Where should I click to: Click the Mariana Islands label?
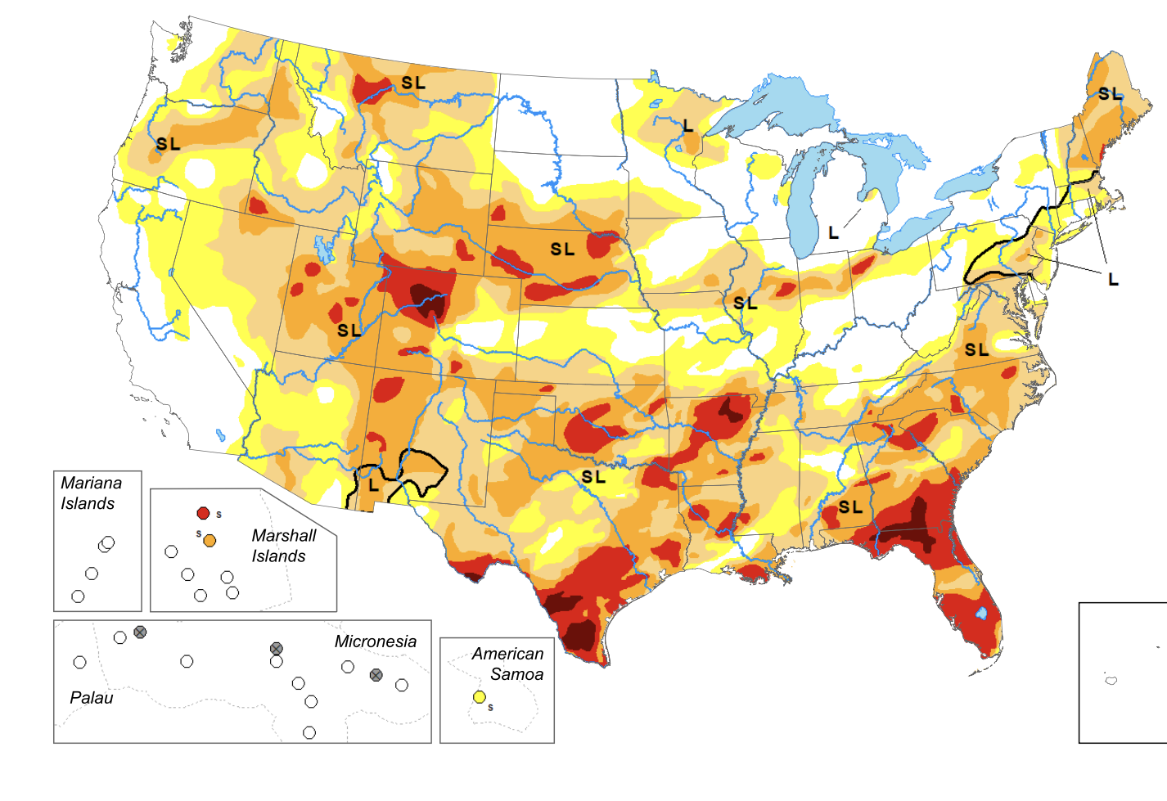click(x=90, y=493)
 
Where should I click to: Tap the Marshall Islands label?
click(x=283, y=546)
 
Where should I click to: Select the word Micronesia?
click(x=375, y=641)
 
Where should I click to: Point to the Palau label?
click(x=91, y=698)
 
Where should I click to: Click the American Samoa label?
click(x=507, y=664)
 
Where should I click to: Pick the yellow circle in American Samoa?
click(x=480, y=697)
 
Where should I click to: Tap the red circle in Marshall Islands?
click(x=203, y=513)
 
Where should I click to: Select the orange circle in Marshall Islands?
click(x=210, y=540)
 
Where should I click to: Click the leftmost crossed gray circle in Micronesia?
click(x=140, y=632)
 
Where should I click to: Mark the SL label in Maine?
click(x=1110, y=94)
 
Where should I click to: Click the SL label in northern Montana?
click(x=413, y=83)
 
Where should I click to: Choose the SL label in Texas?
click(x=593, y=476)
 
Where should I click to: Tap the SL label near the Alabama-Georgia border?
click(x=850, y=507)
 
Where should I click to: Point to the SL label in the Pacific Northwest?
click(x=168, y=144)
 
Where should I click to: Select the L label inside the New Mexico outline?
click(x=373, y=484)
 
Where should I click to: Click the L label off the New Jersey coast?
click(x=1113, y=280)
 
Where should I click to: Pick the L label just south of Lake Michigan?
click(x=833, y=233)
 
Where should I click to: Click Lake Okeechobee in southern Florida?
click(x=982, y=612)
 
